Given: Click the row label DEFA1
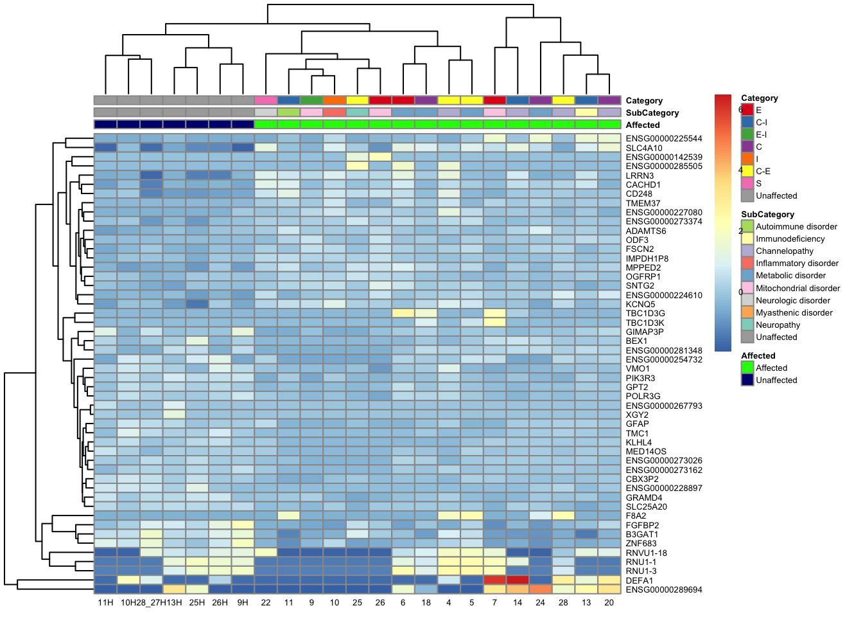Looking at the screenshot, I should tap(639, 580).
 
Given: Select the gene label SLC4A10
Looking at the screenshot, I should tap(644, 148).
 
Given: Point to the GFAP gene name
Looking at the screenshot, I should tap(637, 424).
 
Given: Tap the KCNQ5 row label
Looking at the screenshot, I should tap(640, 304).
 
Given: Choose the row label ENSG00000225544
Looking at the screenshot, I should tap(663, 138).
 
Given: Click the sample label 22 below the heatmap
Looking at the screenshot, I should tap(266, 602).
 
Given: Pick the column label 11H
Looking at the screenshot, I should tap(105, 602).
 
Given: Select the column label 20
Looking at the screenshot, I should tap(609, 602).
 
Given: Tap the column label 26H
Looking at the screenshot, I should tap(220, 602).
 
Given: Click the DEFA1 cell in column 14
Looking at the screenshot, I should tap(518, 580).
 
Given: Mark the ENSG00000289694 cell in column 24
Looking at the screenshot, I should tap(540, 589).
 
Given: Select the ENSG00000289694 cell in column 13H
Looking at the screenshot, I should tap(174, 589).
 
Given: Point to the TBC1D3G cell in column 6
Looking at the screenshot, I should tap(403, 313).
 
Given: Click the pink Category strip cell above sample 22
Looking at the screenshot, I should tap(266, 100).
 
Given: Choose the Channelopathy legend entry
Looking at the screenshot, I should tap(784, 251).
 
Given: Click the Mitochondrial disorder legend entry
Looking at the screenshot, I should tap(798, 288).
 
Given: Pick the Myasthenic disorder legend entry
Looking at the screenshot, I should tap(794, 312).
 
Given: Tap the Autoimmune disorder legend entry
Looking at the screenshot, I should tap(796, 226).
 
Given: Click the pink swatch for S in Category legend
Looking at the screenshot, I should tap(747, 183).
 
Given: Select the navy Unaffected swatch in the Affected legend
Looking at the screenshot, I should tap(747, 380).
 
